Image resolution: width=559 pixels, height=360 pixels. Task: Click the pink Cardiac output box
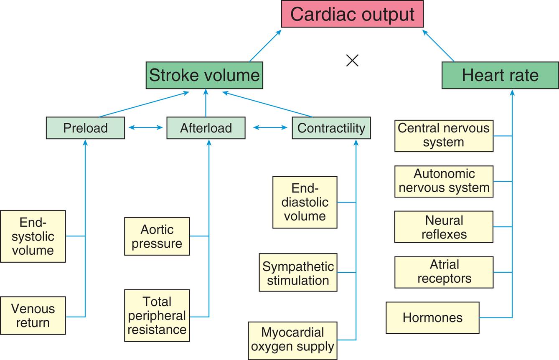click(x=352, y=14)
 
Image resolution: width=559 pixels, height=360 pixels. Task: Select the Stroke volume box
click(x=204, y=76)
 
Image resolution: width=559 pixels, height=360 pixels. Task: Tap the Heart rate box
click(x=500, y=76)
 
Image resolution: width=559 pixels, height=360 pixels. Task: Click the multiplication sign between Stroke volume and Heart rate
click(x=353, y=61)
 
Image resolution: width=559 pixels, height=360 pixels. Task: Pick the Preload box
click(x=85, y=128)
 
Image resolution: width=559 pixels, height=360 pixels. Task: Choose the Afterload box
click(x=206, y=128)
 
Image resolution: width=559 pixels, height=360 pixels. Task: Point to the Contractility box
click(x=331, y=128)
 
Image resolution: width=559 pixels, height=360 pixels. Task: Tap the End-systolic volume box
click(x=33, y=236)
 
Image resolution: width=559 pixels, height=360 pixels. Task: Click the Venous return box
click(x=33, y=316)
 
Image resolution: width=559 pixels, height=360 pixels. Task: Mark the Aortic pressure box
click(x=157, y=236)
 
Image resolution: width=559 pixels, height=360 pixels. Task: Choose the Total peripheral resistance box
click(x=157, y=316)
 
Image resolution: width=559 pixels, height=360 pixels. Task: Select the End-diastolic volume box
click(x=305, y=202)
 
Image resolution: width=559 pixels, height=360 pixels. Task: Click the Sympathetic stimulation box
click(x=298, y=273)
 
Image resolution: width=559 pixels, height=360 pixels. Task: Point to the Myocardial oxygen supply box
click(x=292, y=340)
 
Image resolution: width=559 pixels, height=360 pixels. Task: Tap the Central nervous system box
click(x=444, y=135)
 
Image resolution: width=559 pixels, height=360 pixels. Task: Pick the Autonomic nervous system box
click(x=444, y=181)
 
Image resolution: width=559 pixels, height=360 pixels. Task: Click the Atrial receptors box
click(x=444, y=272)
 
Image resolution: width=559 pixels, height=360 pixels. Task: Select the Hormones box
click(x=432, y=318)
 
